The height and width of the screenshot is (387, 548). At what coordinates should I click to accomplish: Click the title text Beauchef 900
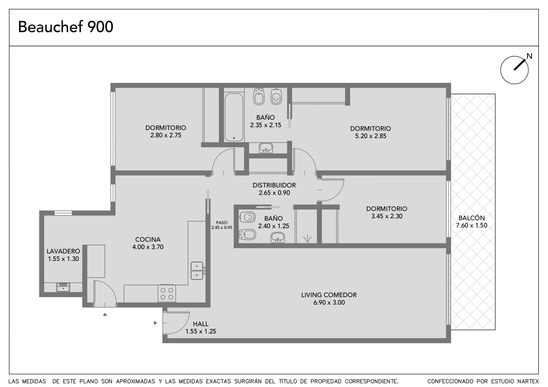pos(65,27)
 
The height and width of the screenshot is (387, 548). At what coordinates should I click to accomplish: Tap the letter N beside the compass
pos(530,56)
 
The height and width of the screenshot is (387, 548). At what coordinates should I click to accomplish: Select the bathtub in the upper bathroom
pos(234,117)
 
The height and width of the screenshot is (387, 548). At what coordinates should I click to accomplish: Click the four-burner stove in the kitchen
pos(167,293)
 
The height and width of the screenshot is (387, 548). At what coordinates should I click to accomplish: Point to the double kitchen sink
pos(197,271)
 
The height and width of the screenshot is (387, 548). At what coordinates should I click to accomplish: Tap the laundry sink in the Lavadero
pos(63,287)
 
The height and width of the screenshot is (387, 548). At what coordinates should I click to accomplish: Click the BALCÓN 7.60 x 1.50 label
pos(471,221)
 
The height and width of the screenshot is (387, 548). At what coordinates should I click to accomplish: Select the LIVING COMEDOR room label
pos(329,295)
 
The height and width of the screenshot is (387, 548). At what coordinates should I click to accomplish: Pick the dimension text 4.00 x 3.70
pos(148,247)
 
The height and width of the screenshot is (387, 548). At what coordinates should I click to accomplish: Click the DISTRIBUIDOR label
pos(274,185)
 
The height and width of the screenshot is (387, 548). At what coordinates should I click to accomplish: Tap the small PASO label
pos(222,223)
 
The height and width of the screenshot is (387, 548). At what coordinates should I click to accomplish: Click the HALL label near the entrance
pos(201,324)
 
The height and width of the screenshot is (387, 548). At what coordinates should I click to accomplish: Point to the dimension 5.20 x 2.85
pos(370,136)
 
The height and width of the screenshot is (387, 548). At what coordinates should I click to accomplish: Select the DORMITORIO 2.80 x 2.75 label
pos(166,131)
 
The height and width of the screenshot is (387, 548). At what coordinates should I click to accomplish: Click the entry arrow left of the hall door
pos(155,323)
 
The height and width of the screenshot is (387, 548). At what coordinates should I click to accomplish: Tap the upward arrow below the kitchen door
pos(105,315)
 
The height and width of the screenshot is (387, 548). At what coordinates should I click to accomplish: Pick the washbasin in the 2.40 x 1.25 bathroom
pos(277,237)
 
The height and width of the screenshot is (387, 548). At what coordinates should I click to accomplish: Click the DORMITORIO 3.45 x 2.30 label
pos(387,212)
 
